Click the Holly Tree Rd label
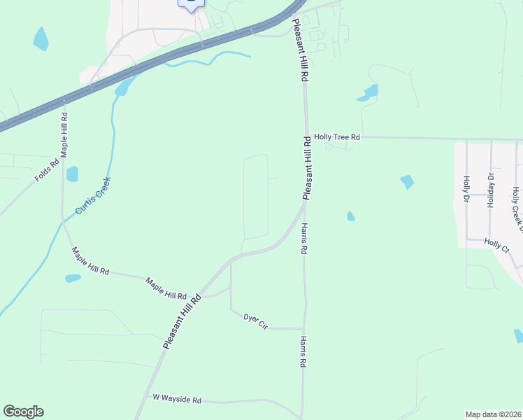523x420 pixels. (x=336, y=138)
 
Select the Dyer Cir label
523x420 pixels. (x=255, y=321)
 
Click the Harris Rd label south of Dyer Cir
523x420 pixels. (x=303, y=352)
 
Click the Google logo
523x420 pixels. (x=23, y=412)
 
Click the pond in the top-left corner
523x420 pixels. (x=41, y=39)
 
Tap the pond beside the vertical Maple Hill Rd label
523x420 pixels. (x=72, y=174)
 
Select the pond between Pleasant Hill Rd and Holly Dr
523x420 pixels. (x=407, y=182)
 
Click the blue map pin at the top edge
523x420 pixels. (x=191, y=3)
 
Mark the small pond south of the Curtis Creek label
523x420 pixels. (x=73, y=279)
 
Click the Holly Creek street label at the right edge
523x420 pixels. (x=516, y=206)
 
